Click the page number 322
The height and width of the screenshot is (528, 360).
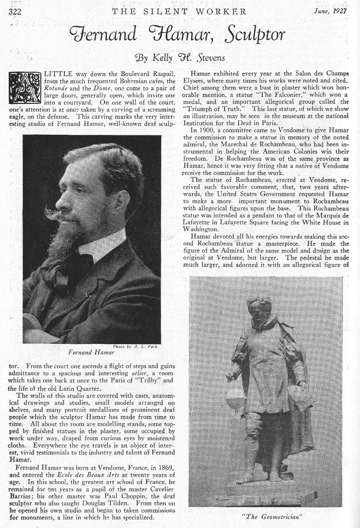[x=16, y=11]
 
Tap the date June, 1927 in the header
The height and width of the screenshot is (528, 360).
[x=330, y=11]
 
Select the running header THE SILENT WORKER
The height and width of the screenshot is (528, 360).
[x=179, y=11]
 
